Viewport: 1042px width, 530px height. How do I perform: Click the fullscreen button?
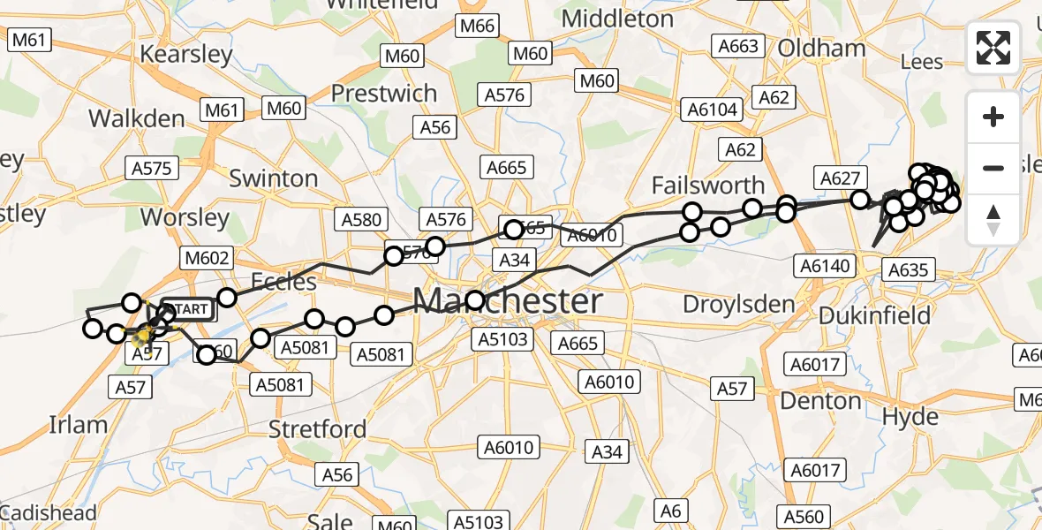coord(993,48)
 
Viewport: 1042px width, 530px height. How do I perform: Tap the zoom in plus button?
coord(993,117)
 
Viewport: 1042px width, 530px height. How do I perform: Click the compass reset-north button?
coord(993,219)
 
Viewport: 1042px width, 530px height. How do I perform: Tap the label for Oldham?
coord(821,48)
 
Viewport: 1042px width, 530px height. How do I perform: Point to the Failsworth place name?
coord(707,185)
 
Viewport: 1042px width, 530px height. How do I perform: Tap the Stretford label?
coord(318,429)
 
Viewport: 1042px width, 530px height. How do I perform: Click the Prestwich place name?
coord(383,93)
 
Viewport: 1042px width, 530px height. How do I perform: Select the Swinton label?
coord(273,178)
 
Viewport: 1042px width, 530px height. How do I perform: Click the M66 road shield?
coord(477,26)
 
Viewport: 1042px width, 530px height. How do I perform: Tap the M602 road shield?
coord(206,259)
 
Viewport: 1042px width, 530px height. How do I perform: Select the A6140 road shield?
coord(823,265)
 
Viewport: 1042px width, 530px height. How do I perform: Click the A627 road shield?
coord(840,178)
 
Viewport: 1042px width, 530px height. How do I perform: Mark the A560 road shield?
coord(803,517)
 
